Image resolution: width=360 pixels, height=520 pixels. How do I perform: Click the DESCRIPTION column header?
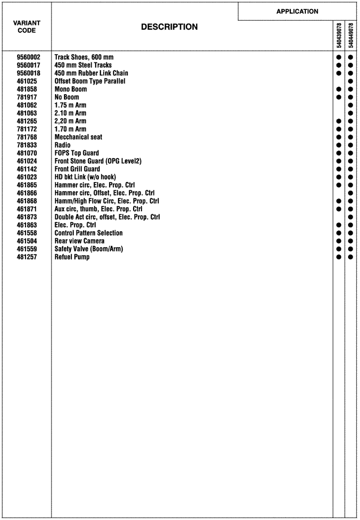click(x=169, y=27)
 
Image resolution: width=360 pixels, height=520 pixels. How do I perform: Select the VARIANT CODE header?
click(x=27, y=27)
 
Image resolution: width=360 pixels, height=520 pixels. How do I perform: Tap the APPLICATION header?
click(x=297, y=11)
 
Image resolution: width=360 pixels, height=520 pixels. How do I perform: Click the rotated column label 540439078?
click(x=339, y=35)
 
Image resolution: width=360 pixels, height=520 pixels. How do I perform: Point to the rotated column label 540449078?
click(x=351, y=35)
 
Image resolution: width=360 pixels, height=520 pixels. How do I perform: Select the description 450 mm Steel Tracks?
click(x=83, y=65)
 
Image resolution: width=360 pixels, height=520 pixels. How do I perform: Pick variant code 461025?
click(x=27, y=81)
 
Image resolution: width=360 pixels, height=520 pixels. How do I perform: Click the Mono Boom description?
click(x=71, y=89)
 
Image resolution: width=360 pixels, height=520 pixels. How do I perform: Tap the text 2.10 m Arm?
click(x=70, y=113)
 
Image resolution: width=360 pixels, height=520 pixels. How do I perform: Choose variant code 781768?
click(x=27, y=137)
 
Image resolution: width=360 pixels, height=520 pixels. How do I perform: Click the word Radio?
click(x=62, y=145)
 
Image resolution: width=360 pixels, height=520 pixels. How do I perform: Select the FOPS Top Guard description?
click(x=76, y=153)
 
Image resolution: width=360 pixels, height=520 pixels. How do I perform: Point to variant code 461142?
click(x=27, y=169)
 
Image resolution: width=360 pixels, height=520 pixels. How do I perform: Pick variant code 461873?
click(x=27, y=217)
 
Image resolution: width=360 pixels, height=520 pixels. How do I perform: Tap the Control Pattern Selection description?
click(x=88, y=233)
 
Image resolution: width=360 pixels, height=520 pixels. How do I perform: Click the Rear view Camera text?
click(x=79, y=241)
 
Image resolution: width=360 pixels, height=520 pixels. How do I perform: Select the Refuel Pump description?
click(x=72, y=257)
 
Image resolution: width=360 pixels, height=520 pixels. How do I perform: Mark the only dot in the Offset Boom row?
click(x=351, y=81)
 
